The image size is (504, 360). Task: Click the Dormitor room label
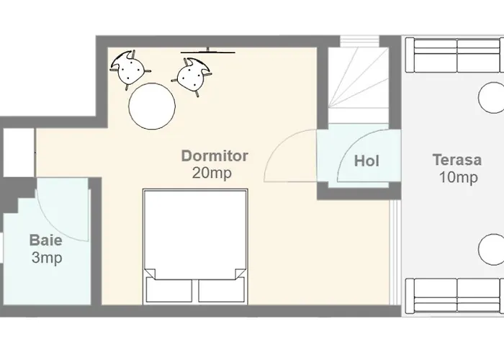215,156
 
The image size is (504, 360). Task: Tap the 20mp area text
212,174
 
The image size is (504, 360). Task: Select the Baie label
45,240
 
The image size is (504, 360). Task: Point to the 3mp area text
47,258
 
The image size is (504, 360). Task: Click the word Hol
366,161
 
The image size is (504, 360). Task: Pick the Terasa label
456,160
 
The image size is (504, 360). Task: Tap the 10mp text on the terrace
458,177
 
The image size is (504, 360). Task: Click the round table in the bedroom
152,106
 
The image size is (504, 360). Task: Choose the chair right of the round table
191,76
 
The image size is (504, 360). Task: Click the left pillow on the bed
169,290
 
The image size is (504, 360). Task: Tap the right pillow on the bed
222,290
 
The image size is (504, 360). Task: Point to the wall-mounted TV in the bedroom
208,51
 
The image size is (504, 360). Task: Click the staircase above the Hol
359,86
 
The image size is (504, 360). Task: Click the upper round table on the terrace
492,98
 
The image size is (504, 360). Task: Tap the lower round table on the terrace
492,249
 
